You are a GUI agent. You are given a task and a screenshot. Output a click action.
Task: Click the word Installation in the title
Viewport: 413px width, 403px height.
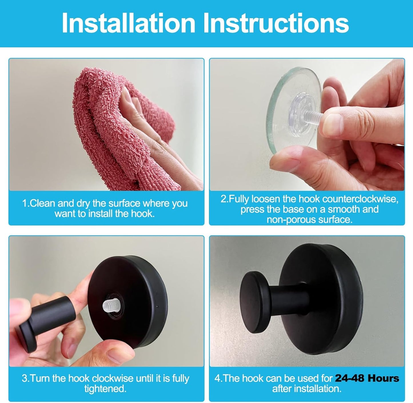coord(128,23)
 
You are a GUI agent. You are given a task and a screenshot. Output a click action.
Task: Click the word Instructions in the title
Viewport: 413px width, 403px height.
coord(276,23)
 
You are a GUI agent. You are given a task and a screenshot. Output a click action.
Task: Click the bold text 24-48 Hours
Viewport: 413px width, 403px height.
coord(367,378)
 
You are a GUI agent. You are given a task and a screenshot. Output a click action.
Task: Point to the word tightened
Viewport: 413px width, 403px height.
coord(105,389)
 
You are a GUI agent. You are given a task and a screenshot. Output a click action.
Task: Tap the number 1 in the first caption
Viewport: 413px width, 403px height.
coord(25,203)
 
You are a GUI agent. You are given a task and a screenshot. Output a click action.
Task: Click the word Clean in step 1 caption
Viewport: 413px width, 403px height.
coord(43,203)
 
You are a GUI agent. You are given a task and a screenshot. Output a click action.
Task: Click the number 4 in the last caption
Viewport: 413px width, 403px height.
coord(217,378)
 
